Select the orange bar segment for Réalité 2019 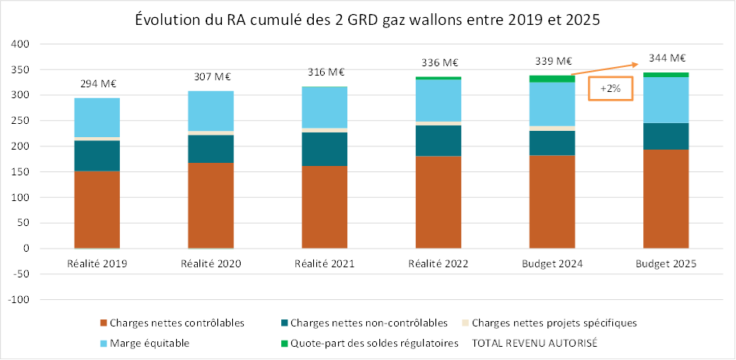click(x=97, y=208)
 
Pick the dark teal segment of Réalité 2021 click(x=325, y=149)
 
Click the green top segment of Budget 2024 click(x=552, y=79)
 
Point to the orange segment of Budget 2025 click(x=666, y=198)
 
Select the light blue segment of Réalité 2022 click(x=438, y=101)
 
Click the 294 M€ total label click(x=97, y=83)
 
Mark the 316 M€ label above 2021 click(x=325, y=72)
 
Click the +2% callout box click(x=609, y=89)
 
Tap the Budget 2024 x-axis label click(x=552, y=264)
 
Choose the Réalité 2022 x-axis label click(x=438, y=264)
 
